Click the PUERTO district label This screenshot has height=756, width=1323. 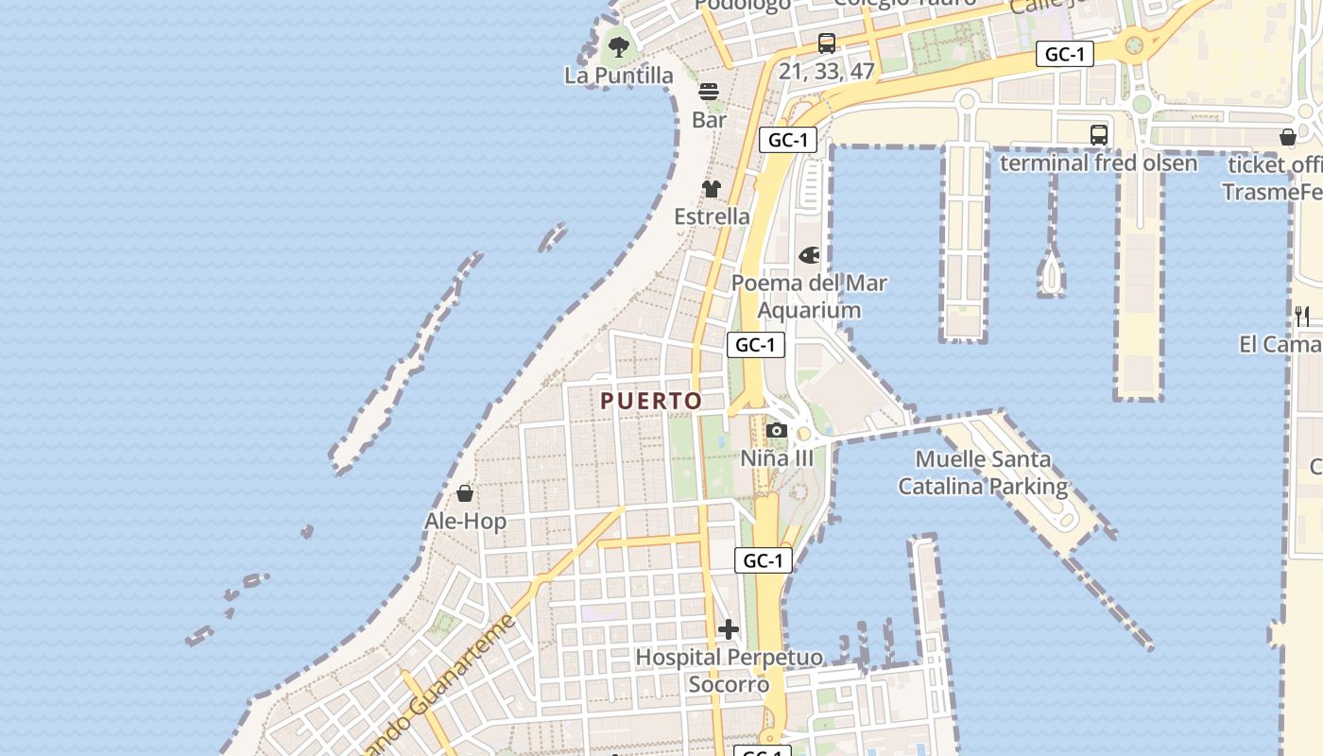pyautogui.click(x=651, y=401)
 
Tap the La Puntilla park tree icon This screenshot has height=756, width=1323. pyautogui.click(x=619, y=46)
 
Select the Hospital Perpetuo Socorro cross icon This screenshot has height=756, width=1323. pyautogui.click(x=729, y=629)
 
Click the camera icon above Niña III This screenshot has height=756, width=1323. pyautogui.click(x=777, y=431)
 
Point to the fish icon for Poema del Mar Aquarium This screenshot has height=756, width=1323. pyautogui.click(x=810, y=255)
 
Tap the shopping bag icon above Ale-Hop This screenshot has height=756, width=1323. pyautogui.click(x=465, y=493)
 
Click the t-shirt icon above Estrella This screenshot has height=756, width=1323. pyautogui.click(x=712, y=189)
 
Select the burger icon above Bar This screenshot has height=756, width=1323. pyautogui.click(x=709, y=92)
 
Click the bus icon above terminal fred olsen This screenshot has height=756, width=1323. pyautogui.click(x=1099, y=135)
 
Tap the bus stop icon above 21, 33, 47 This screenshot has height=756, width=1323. pyautogui.click(x=827, y=43)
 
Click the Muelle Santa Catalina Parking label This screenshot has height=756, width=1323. pyautogui.click(x=983, y=472)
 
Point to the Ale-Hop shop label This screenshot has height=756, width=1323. pyautogui.click(x=465, y=522)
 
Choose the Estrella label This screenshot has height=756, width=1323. pyautogui.click(x=712, y=216)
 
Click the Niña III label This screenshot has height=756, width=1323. pyautogui.click(x=777, y=458)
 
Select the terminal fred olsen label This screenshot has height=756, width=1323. pyautogui.click(x=1098, y=163)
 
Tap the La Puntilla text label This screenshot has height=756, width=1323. pyautogui.click(x=619, y=76)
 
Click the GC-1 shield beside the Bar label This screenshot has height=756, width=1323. pyautogui.click(x=787, y=140)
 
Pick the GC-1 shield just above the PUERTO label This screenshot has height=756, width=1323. pyautogui.click(x=756, y=345)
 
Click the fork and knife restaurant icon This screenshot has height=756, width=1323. pyautogui.click(x=1302, y=316)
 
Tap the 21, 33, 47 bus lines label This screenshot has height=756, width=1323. pyautogui.click(x=827, y=71)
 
